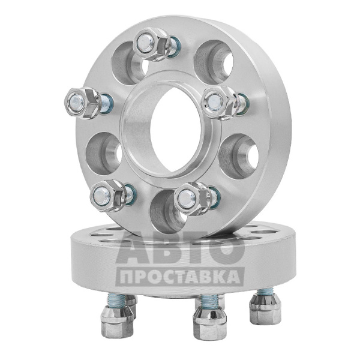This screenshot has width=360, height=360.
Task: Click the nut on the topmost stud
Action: coord(152,44)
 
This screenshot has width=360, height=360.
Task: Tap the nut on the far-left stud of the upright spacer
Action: coord(83,103)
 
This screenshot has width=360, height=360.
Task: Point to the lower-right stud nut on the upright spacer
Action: coord(193,199)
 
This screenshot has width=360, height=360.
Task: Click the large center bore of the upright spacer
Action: coord(176,130)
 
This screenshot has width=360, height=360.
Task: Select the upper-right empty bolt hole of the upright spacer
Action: coord(214,62)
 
